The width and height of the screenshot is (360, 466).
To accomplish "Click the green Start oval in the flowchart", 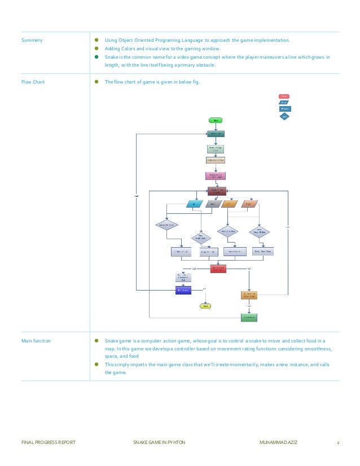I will pos(216,120).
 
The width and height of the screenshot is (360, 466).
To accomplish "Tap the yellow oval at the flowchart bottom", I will pos(206,306).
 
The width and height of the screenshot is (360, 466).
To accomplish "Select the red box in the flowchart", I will pos(218,269).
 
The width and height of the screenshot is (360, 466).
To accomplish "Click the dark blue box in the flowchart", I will pos(183,290).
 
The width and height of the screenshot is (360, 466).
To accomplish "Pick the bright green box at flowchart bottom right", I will pos(249,318).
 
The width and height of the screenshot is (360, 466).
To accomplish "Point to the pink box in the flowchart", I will pos(216,175).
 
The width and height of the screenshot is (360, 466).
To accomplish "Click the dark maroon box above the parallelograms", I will pos(217,191).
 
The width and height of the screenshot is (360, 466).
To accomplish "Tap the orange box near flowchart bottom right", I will pos(249,296).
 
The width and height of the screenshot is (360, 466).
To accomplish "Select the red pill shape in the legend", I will pos(284,96).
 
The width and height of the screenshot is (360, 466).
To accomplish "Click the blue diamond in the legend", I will pos(284,117).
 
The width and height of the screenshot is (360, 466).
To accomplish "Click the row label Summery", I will pos(32,40).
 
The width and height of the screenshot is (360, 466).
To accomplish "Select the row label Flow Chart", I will pos(33,82).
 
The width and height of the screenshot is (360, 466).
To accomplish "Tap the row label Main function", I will pos(36,341).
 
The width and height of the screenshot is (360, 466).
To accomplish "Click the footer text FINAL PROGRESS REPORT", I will pos(48,442).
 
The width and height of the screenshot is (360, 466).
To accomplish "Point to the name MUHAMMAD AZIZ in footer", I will pos(278,442).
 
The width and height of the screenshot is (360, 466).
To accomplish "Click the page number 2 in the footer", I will pos(337,442).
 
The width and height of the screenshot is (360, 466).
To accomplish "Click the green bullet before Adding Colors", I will pos(96,49).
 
